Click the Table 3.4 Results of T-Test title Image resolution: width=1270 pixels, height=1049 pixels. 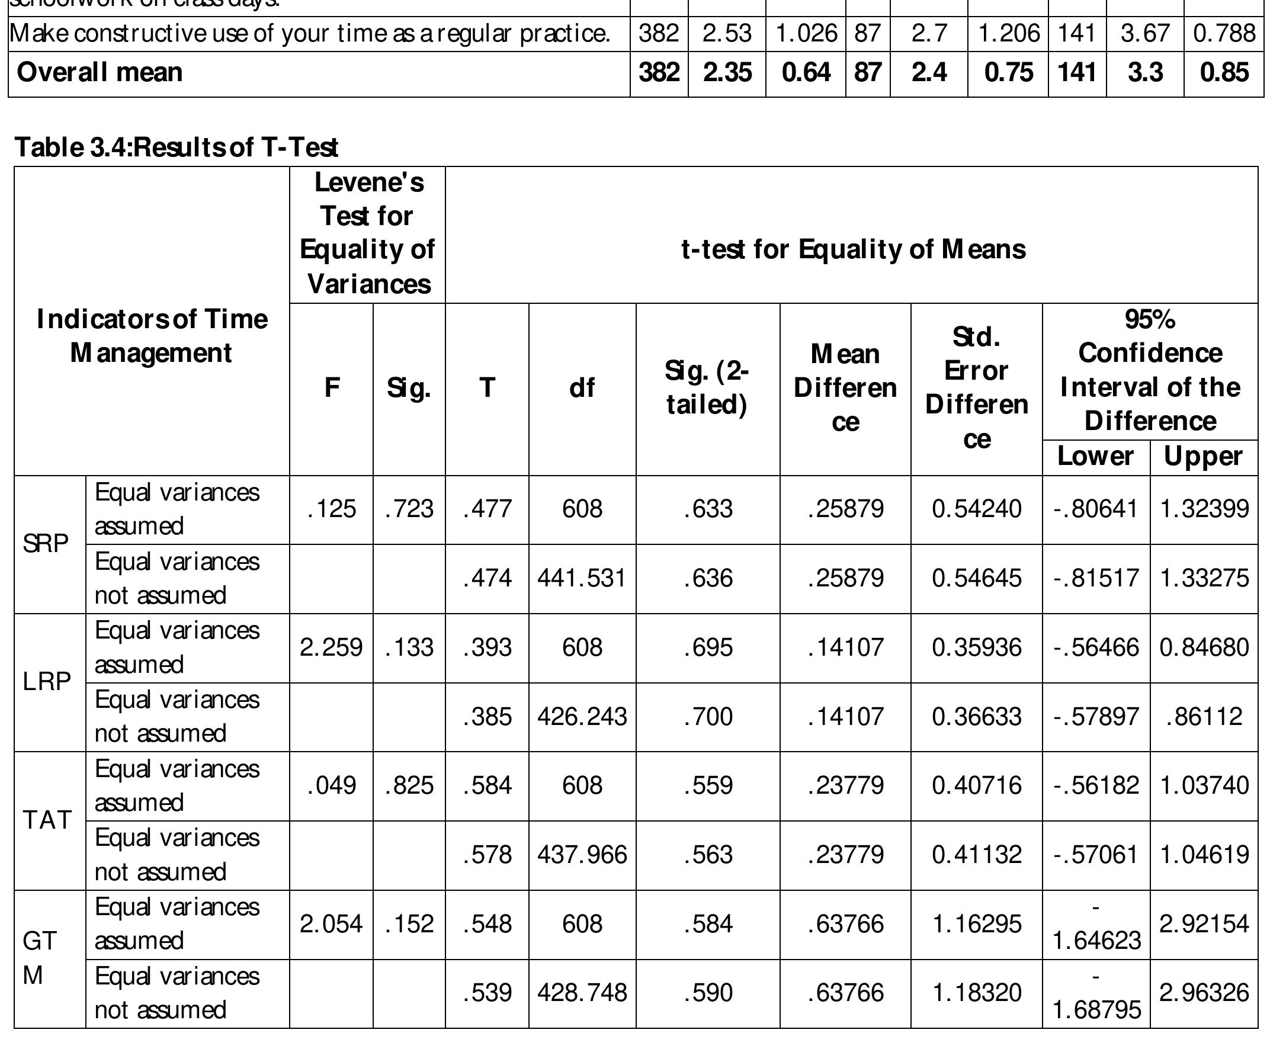(176, 147)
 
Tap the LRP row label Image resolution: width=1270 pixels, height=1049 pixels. (47, 682)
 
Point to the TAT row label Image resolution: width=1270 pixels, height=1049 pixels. (47, 820)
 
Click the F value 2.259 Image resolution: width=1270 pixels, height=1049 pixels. (331, 647)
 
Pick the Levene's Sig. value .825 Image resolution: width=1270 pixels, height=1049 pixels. (409, 785)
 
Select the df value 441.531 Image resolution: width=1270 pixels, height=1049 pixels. (582, 578)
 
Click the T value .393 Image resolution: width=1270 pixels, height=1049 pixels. (487, 647)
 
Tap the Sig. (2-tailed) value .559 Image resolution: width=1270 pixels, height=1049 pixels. (707, 785)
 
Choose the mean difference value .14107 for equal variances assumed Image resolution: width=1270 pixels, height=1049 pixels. (845, 647)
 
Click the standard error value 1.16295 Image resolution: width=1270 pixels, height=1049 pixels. (976, 924)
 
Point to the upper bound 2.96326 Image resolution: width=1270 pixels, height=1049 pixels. (1204, 993)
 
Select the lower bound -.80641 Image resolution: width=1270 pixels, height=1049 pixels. (1096, 509)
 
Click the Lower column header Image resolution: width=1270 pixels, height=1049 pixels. (1095, 457)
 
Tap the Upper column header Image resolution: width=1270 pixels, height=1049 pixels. (1203, 457)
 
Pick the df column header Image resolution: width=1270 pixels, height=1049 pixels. (582, 388)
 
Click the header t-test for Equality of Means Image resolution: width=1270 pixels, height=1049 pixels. (852, 249)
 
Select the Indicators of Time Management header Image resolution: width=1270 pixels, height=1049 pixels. (152, 336)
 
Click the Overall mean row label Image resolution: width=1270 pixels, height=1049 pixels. (100, 72)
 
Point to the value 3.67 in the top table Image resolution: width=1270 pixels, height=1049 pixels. (1144, 33)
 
